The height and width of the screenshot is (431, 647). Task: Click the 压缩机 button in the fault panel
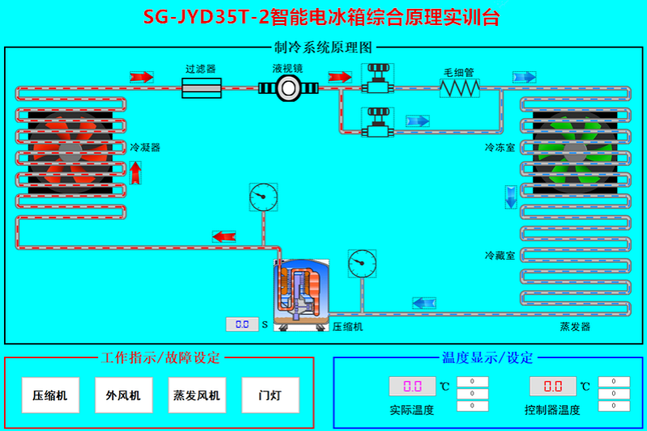[49, 395]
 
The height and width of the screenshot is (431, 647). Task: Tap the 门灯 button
[270, 395]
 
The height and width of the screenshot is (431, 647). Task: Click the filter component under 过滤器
[201, 88]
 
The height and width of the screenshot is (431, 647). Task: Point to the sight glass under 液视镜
[287, 89]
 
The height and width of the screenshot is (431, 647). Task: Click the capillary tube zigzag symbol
[459, 87]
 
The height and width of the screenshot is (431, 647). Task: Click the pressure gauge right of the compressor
[362, 263]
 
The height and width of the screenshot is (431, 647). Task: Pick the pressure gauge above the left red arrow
[263, 196]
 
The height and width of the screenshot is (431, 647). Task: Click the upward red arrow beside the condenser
[135, 172]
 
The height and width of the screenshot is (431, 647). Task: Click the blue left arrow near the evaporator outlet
[424, 303]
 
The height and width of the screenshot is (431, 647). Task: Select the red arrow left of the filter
[141, 77]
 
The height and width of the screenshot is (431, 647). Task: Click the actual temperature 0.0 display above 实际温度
[412, 386]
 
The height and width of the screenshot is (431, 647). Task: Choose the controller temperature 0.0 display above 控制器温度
[553, 386]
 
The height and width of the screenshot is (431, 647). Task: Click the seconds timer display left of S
[241, 324]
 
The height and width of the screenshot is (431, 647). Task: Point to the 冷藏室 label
[500, 256]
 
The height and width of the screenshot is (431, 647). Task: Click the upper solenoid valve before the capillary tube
[378, 78]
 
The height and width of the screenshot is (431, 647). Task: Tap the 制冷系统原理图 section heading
[324, 48]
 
